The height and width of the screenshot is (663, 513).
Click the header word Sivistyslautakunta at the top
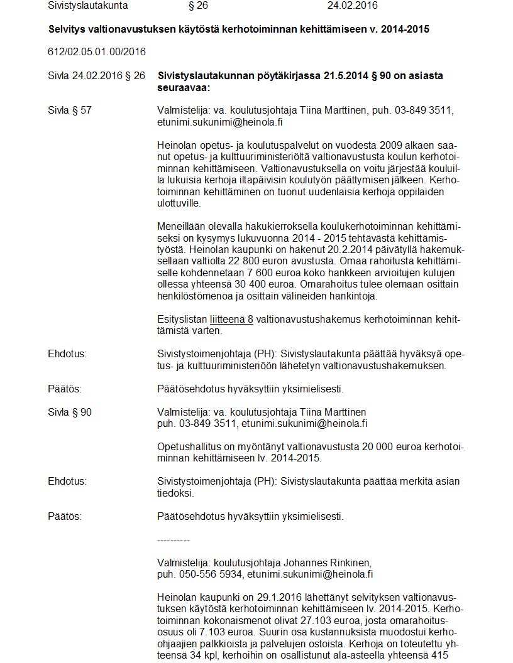[x=87, y=6]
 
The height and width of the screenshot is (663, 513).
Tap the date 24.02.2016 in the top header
[x=353, y=6]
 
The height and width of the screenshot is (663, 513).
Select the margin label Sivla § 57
[x=70, y=110]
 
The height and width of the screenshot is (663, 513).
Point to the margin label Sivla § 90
[x=70, y=412]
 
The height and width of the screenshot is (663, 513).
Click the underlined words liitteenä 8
[x=231, y=319]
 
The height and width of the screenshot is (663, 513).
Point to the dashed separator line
[x=173, y=540]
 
